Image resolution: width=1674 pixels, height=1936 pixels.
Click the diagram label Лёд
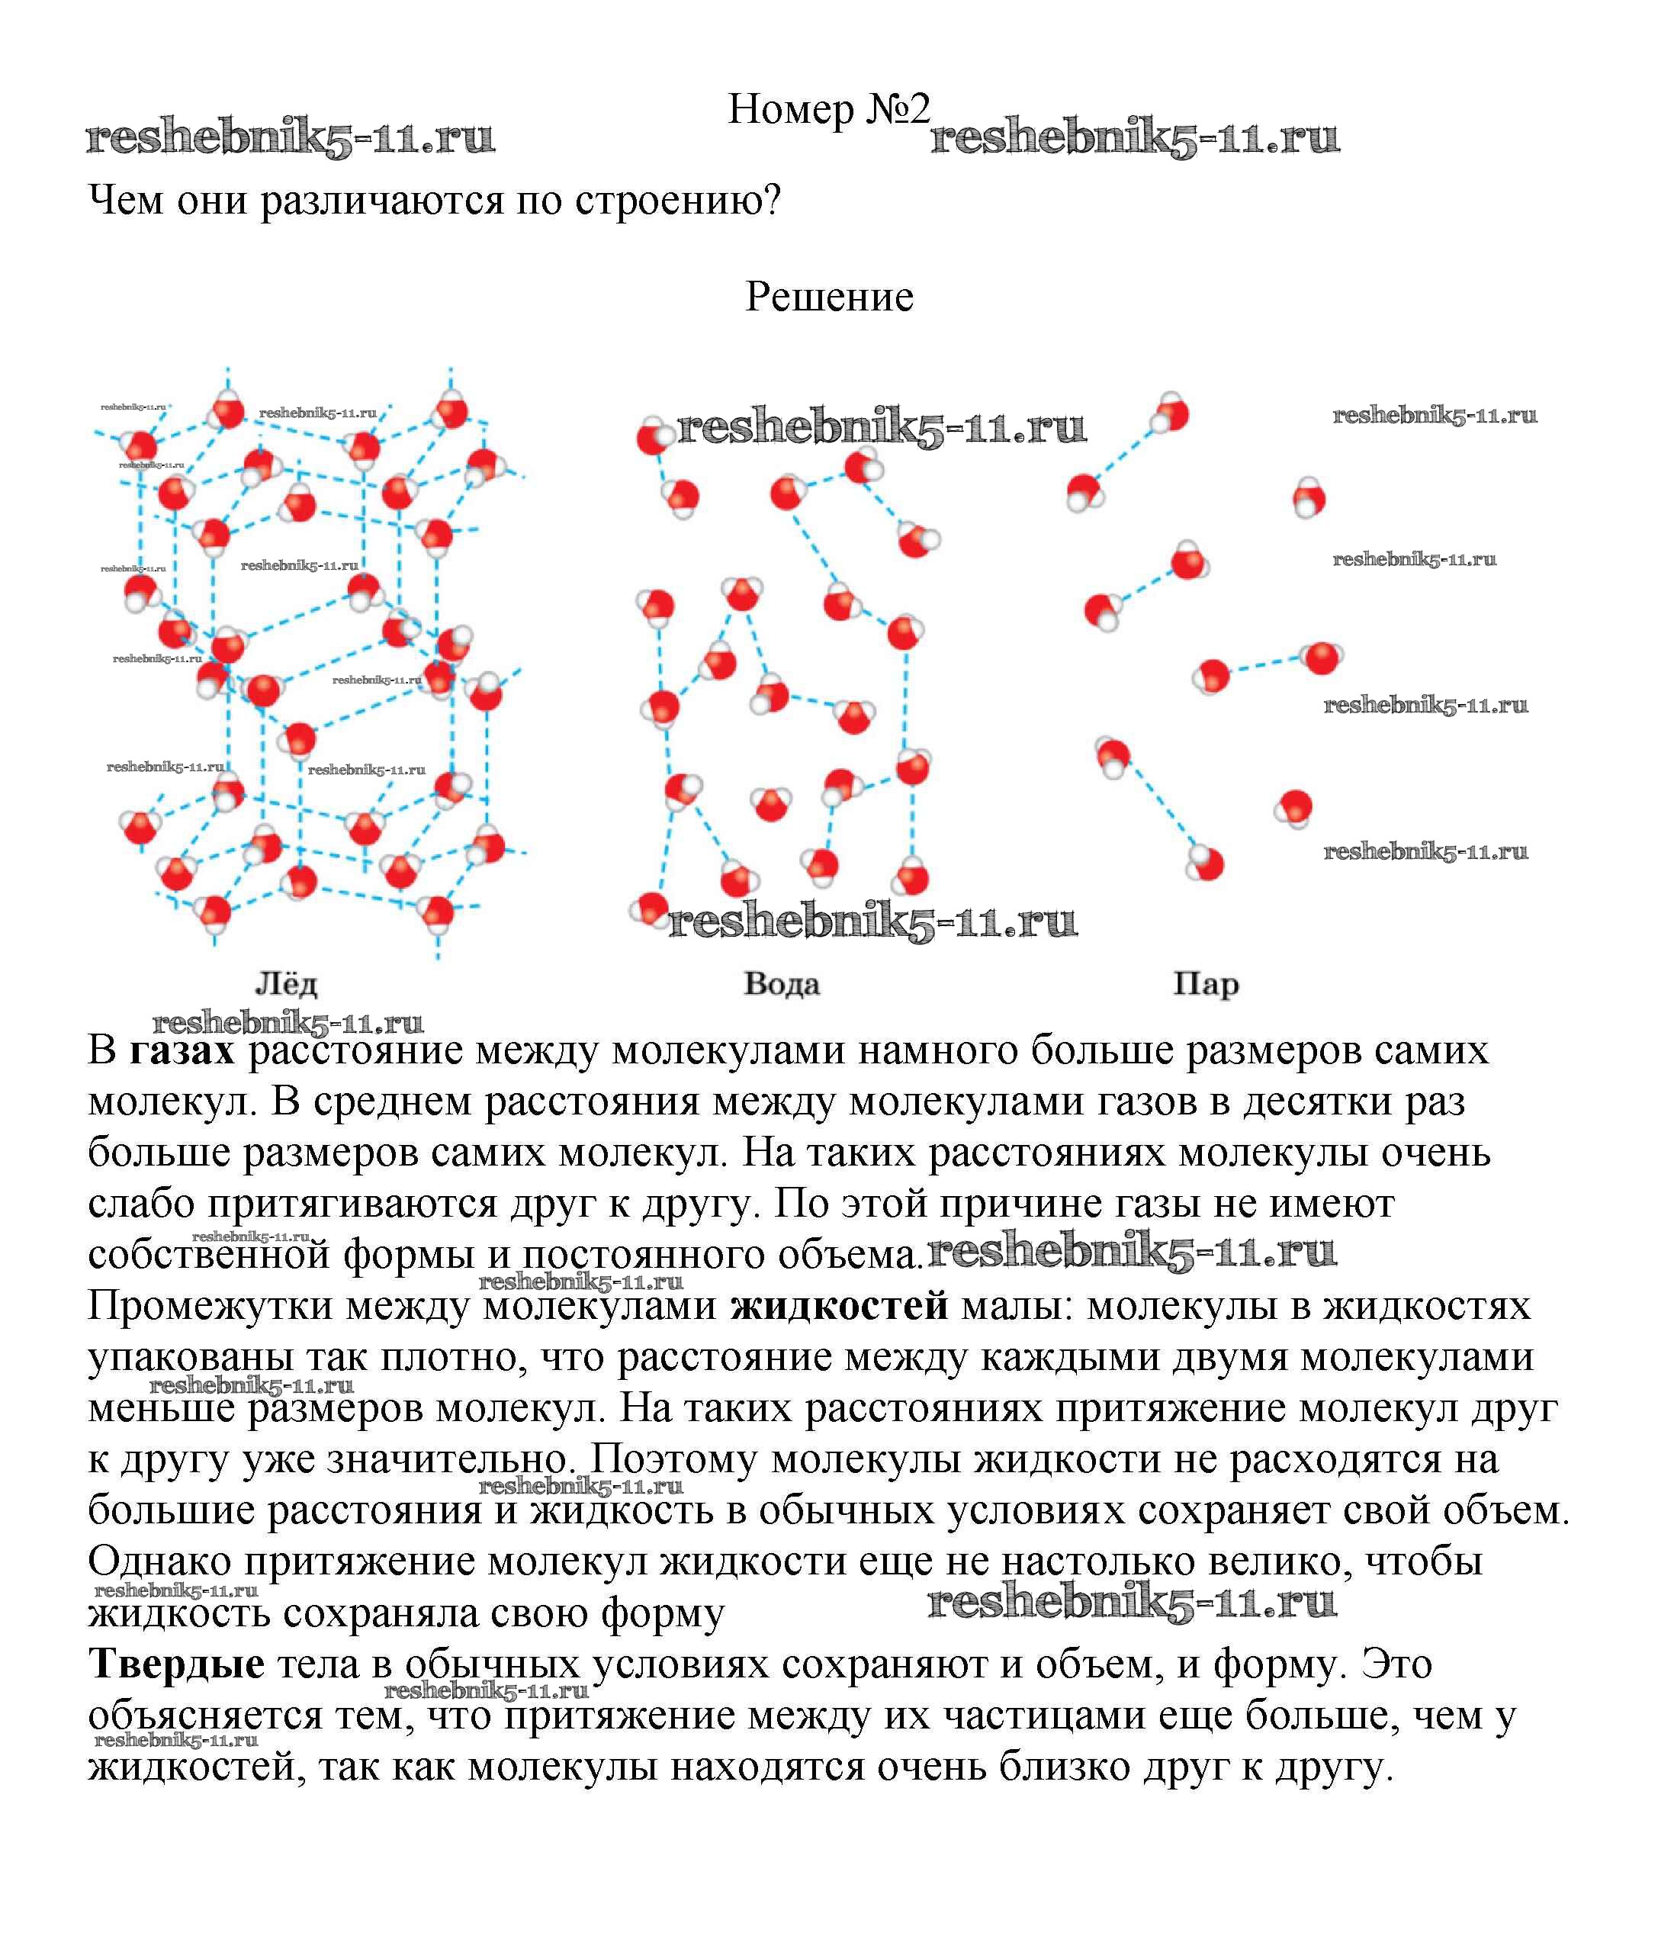point(286,984)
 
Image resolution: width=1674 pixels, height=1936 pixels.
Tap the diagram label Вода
point(781,984)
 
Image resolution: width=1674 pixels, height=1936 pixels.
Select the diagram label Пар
point(1205,984)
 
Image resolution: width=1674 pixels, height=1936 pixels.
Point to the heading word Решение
point(828,297)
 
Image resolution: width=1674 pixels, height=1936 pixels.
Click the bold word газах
point(182,1051)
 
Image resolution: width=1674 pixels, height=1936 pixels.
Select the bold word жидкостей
point(839,1305)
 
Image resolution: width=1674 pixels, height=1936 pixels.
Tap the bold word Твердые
point(177,1664)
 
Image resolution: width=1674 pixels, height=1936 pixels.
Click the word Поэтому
point(672,1458)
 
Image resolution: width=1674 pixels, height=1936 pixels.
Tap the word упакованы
point(183,1357)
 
